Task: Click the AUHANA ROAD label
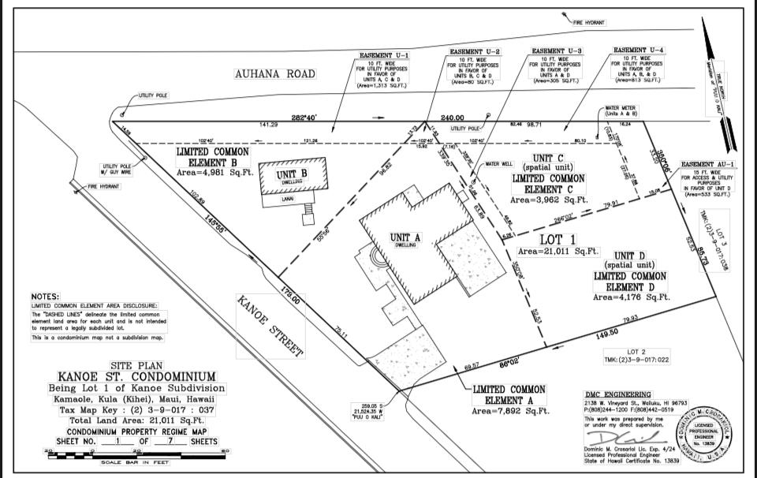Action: tap(274, 74)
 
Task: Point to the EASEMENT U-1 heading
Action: tap(384, 55)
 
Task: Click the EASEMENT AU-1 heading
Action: tap(707, 164)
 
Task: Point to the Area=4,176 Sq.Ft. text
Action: tap(630, 297)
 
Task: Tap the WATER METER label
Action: tap(621, 108)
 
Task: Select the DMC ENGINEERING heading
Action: tap(618, 394)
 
